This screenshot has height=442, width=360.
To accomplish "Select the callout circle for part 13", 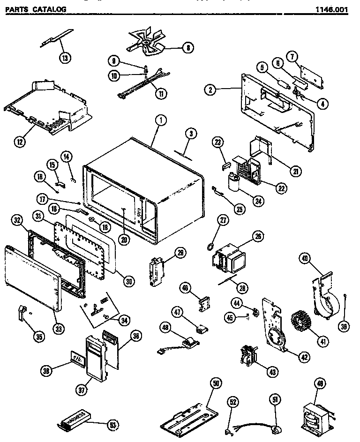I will coord(65,58).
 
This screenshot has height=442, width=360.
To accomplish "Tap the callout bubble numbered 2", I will coord(211,89).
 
